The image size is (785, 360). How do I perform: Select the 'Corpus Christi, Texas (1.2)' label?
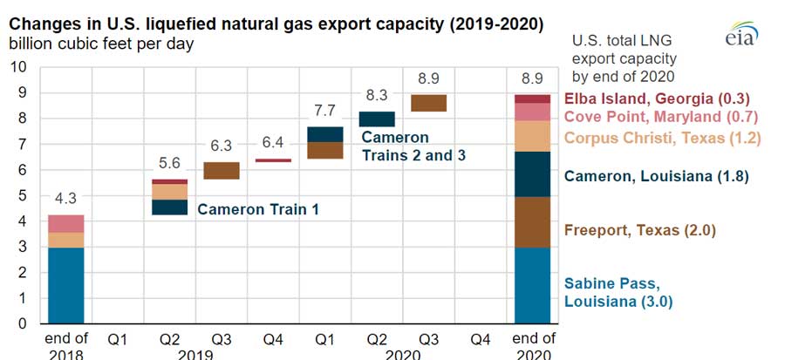click(663, 137)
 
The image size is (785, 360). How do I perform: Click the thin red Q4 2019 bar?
click(273, 160)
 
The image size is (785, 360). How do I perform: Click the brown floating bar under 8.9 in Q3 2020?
click(428, 103)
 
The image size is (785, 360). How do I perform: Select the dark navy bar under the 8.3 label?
click(376, 119)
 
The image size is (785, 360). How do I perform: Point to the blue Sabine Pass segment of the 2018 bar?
click(65, 285)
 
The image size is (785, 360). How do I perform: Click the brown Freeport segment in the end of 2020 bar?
click(533, 222)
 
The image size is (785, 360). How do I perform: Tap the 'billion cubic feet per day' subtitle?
click(101, 43)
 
